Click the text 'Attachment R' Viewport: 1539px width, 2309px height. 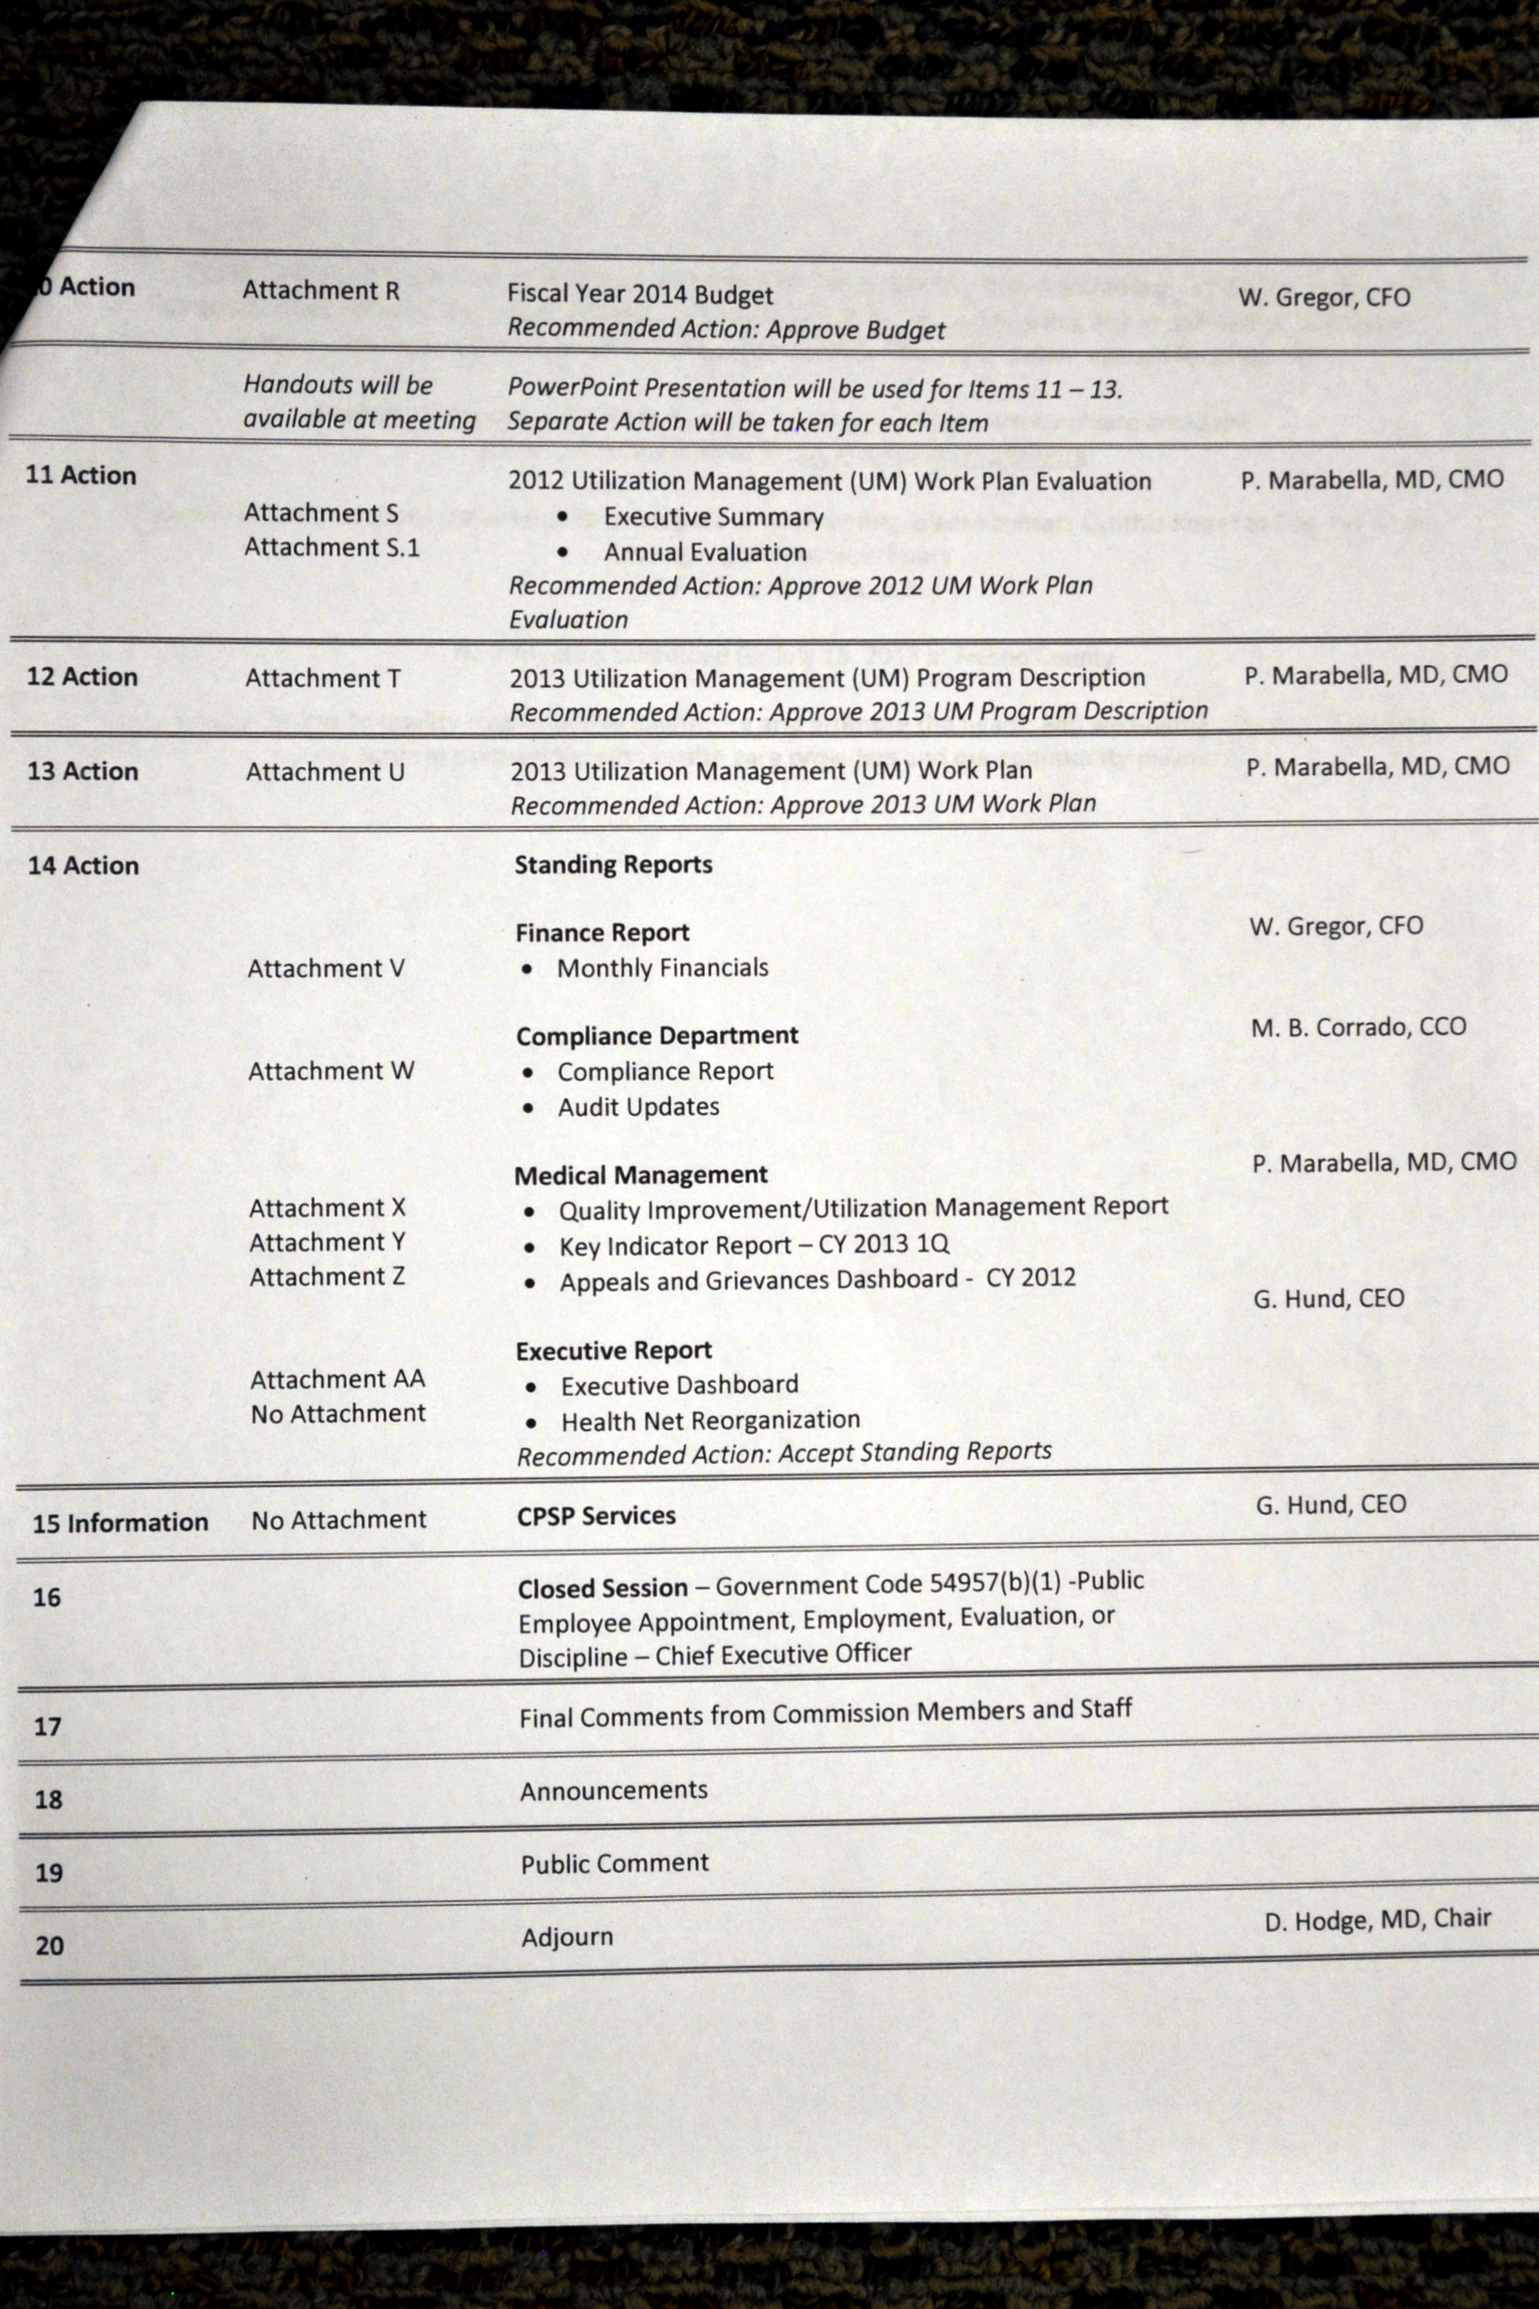click(321, 291)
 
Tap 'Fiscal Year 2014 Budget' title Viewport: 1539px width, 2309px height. click(640, 294)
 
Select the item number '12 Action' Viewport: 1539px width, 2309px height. click(83, 677)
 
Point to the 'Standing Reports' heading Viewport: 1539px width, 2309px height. click(614, 865)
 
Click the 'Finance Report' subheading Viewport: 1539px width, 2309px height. click(603, 932)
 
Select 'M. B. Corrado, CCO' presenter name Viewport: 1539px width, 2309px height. click(1358, 1027)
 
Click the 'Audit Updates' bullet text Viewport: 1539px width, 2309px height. click(638, 1107)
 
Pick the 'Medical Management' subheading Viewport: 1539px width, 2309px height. click(641, 1175)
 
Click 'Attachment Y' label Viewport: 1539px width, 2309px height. click(327, 1242)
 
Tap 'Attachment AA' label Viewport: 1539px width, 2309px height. click(338, 1380)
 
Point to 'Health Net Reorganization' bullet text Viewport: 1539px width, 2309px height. click(710, 1420)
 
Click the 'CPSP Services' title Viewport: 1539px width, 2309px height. click(597, 1516)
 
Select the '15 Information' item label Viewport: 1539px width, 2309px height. click(121, 1523)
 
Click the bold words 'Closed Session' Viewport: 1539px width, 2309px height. click(603, 1588)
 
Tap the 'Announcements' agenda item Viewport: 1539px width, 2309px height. click(614, 1791)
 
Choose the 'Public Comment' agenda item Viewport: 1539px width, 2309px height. click(614, 1863)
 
